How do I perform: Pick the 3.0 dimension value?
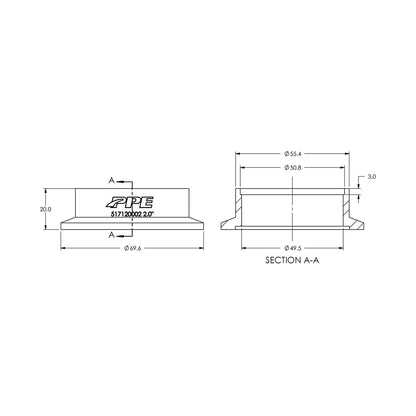click(372, 176)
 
